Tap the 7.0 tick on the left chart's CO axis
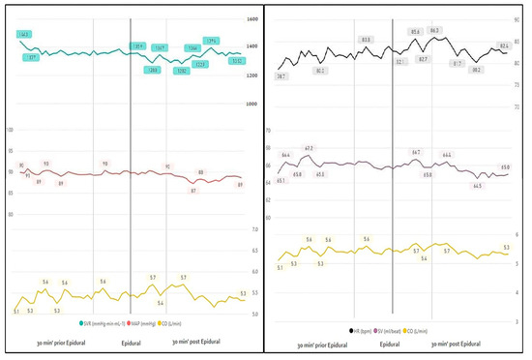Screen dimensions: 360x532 point(254,229)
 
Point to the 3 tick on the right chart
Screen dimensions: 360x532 point(518,319)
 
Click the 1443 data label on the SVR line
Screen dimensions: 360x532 point(23,34)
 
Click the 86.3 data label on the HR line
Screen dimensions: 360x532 point(434,31)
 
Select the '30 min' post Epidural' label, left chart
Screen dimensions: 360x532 point(198,343)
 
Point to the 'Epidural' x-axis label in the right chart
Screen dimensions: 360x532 point(391,344)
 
